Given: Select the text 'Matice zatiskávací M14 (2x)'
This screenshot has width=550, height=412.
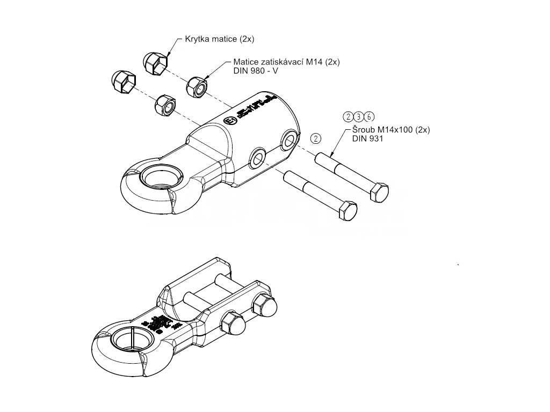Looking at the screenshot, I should point(286,62).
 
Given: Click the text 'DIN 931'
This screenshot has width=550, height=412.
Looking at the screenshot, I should point(365,138).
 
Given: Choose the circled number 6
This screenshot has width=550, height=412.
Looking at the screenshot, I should point(368,117).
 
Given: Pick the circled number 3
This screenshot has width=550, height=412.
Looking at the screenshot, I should point(358,117).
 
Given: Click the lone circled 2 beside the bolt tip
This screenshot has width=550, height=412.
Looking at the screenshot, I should point(316,138).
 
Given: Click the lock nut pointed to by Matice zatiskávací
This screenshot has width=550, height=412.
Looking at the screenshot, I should point(197,86).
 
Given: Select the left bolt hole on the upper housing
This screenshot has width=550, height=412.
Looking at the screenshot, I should point(257,158).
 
